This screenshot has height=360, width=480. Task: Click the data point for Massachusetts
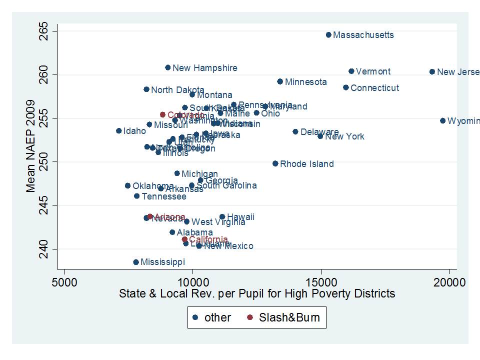pyautogui.click(x=328, y=35)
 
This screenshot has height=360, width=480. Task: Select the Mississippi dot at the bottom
pyautogui.click(x=136, y=262)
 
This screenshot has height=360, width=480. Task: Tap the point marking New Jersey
pyautogui.click(x=432, y=72)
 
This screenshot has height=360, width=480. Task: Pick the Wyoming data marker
pyautogui.click(x=442, y=121)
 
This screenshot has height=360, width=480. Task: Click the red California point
pyautogui.click(x=184, y=239)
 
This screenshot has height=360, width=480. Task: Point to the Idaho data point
pyautogui.click(x=119, y=131)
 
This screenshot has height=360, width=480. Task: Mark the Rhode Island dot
pyautogui.click(x=275, y=163)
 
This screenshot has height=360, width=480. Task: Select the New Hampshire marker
pyautogui.click(x=168, y=67)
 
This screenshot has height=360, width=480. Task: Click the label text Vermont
pyautogui.click(x=373, y=71)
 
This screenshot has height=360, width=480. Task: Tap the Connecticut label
pyautogui.click(x=374, y=88)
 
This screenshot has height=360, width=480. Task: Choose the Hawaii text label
pyautogui.click(x=240, y=217)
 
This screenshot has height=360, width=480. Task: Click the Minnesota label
pyautogui.click(x=305, y=82)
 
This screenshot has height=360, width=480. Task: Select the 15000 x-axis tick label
pyautogui.click(x=321, y=282)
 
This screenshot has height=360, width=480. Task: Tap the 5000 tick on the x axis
pyautogui.click(x=65, y=282)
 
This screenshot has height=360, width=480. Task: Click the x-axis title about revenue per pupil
pyautogui.click(x=256, y=293)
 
